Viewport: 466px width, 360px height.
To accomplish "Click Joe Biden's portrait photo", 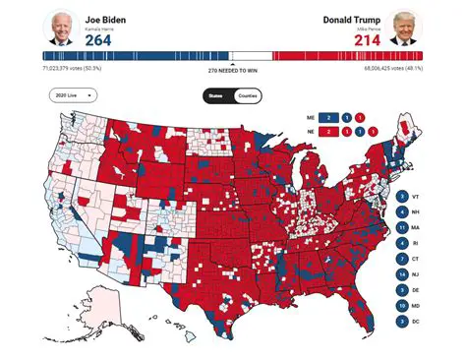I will [x=61, y=30].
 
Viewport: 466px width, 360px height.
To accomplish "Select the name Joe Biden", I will [x=105, y=19].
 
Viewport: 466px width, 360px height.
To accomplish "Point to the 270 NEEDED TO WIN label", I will [x=232, y=71].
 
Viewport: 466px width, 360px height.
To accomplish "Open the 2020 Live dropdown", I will [x=73, y=95].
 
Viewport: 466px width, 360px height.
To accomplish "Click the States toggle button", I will [x=216, y=95].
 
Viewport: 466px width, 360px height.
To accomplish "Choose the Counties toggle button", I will [x=248, y=95].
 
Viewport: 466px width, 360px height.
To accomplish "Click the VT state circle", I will [x=403, y=197].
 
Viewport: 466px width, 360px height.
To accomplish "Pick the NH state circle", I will [x=403, y=212].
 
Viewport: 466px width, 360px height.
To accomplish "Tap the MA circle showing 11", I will [x=403, y=227].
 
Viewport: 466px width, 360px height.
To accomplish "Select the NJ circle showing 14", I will [x=403, y=273].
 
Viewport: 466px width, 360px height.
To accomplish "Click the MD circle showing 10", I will [x=403, y=304].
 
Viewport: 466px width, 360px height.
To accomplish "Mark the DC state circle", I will [x=403, y=320].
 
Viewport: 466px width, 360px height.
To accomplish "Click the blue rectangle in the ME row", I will [x=336, y=115].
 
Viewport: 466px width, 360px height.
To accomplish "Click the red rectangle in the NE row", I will [x=336, y=131].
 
